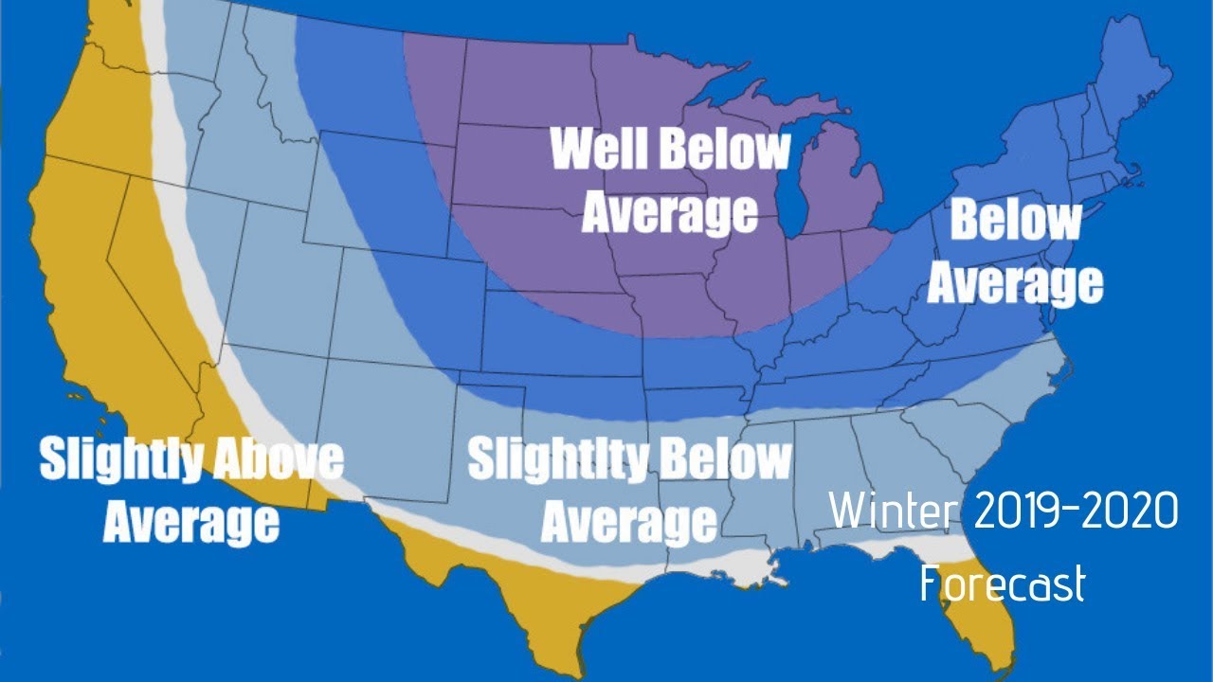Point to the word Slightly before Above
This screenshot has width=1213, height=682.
[121, 459]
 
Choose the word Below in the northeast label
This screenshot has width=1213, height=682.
[1015, 222]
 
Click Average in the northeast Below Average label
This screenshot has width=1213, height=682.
[1015, 282]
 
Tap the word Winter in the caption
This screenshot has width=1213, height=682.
[893, 512]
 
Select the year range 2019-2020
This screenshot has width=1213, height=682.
[1076, 512]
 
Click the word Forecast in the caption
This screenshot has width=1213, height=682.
[1002, 583]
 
